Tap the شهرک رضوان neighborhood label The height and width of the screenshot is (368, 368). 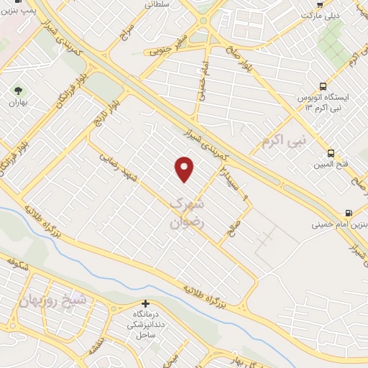point(188,213)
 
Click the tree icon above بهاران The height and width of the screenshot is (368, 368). point(18,91)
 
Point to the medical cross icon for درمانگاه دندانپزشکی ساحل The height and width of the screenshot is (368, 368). point(146,304)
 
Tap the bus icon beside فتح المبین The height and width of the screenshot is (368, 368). point(331,152)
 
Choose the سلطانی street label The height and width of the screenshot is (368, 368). point(159,4)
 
